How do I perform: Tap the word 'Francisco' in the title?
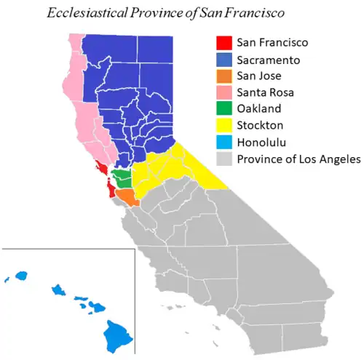click(254, 13)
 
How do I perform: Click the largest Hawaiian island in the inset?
click(114, 334)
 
